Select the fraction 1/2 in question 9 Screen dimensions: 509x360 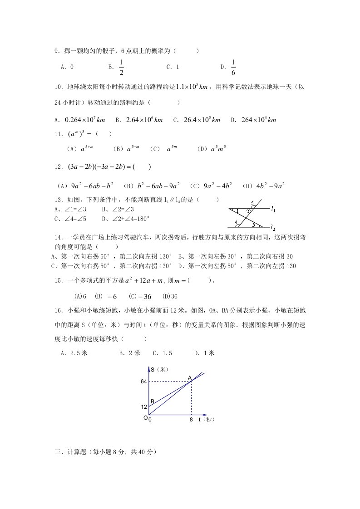122,67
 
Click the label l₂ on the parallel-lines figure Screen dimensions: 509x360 272,227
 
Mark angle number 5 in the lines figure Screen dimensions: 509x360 252,203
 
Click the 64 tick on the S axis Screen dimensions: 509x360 143,382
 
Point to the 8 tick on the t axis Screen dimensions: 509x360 191,420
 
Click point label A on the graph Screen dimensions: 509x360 190,377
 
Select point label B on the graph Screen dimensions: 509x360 153,401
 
